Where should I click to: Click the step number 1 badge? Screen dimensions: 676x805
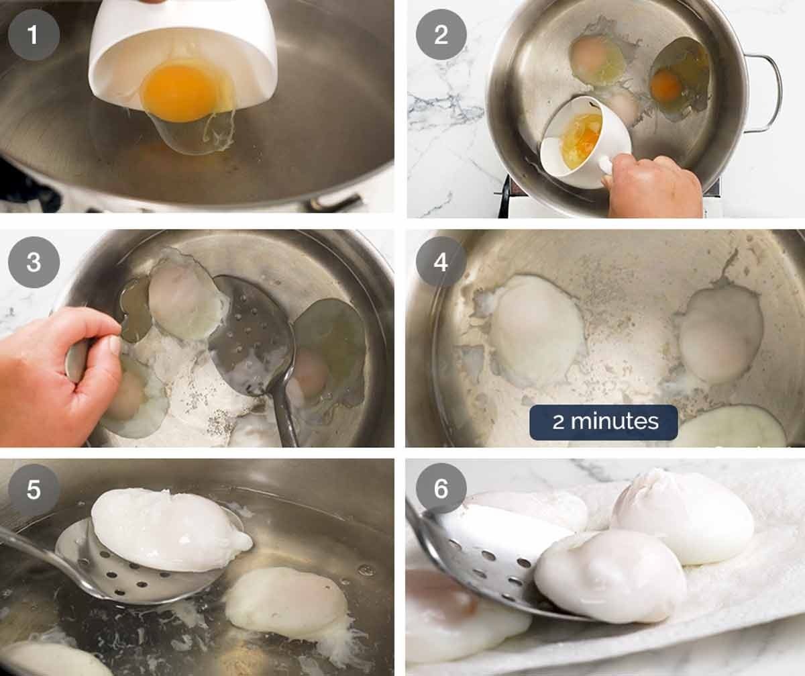pos(34,35)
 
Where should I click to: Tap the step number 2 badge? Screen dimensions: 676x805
pos(441,35)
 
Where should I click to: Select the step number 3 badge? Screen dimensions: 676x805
pos(34,262)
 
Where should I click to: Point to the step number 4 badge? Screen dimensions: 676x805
pos(441,262)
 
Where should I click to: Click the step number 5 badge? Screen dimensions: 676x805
pos(34,489)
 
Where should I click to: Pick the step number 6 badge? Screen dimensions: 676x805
pos(441,489)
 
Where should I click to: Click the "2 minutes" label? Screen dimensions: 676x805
pos(604,422)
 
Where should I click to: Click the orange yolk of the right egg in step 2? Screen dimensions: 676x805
pos(666,85)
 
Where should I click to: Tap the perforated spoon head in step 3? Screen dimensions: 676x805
pos(252,336)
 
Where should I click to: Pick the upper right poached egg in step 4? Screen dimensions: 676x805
pos(721,334)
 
